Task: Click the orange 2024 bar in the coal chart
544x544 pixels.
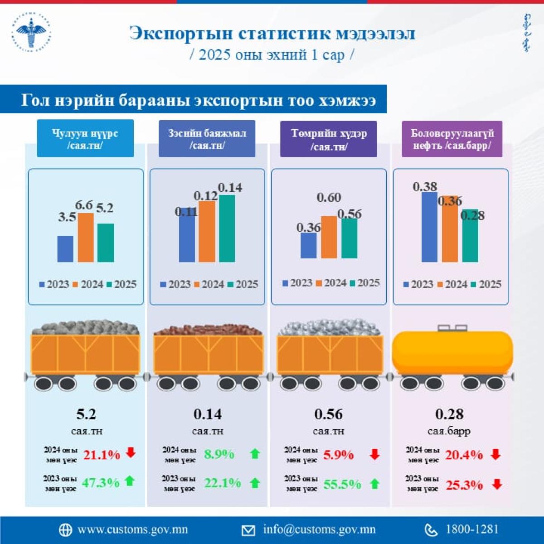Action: coord(86,238)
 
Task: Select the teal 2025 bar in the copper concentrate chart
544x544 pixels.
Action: coord(227,228)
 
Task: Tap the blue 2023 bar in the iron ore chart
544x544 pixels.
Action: coord(309,246)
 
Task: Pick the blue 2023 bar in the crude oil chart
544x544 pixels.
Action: coord(429,227)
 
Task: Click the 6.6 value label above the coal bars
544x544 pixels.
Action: coord(84,205)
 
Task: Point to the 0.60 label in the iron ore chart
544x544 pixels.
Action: coord(329,198)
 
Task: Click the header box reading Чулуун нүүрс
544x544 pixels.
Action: coord(85,139)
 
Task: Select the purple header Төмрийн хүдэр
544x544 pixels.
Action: coord(329,139)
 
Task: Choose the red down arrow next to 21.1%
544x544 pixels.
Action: coord(131,452)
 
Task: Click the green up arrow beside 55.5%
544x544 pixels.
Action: coord(374,484)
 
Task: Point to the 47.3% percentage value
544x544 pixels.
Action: coord(100,483)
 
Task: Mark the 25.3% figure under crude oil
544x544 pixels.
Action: coord(464,485)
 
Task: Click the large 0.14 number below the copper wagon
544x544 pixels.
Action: coord(208,414)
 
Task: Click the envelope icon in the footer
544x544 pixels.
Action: coord(248,530)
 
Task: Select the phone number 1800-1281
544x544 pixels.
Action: coord(472,529)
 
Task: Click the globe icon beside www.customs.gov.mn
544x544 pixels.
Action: coord(65,530)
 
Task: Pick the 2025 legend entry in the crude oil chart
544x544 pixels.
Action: coord(486,284)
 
